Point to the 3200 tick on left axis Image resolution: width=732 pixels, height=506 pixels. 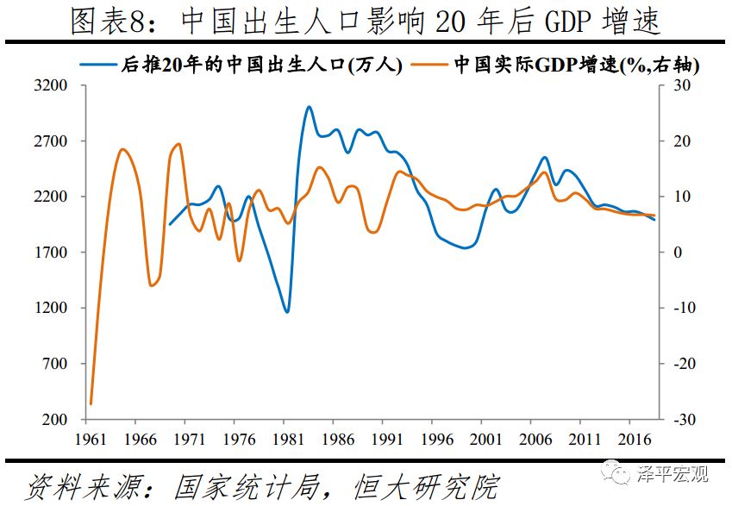click(x=53, y=86)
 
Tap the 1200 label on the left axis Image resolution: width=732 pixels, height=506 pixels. click(x=53, y=309)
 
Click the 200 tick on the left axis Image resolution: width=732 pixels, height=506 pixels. click(x=56, y=420)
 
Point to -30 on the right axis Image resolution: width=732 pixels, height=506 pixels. click(x=682, y=420)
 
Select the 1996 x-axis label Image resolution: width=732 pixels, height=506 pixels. click(x=435, y=439)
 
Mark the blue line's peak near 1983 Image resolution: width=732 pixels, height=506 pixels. click(x=309, y=107)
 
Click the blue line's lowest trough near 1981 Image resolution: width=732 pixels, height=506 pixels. click(x=287, y=312)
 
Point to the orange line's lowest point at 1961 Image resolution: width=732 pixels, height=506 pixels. click(x=91, y=403)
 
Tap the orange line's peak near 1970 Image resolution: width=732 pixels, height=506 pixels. click(x=178, y=144)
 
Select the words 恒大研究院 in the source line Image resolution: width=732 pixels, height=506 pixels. click(x=427, y=486)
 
